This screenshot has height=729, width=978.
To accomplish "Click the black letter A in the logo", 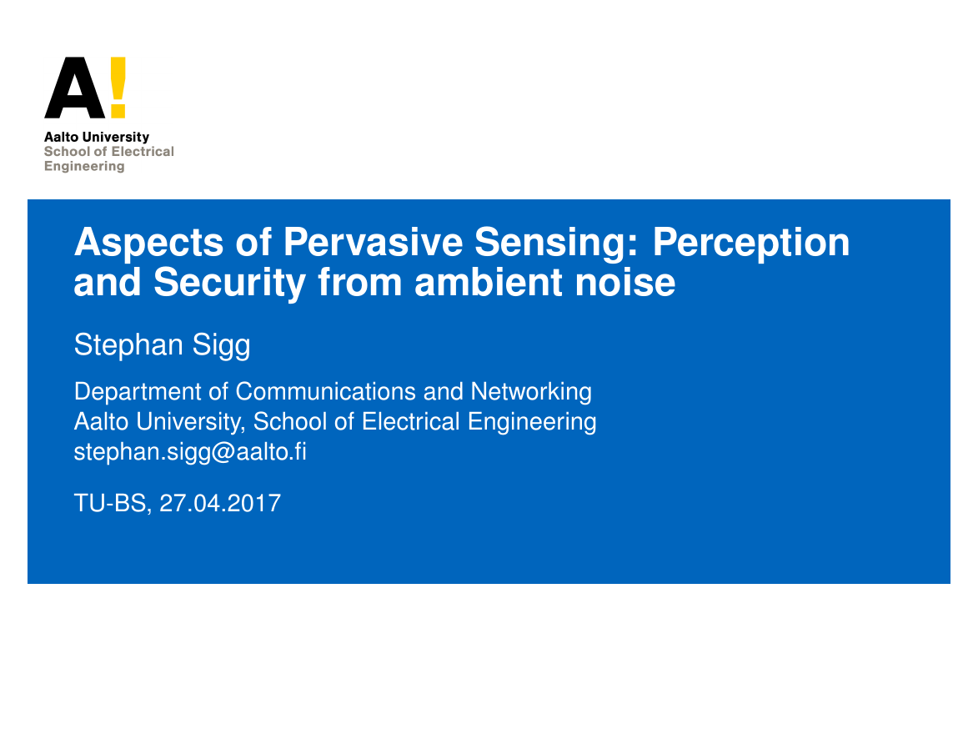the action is click(x=75, y=88).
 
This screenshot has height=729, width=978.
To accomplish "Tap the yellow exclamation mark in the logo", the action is click(x=118, y=88).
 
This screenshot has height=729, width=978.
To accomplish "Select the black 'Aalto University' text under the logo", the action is click(x=97, y=138).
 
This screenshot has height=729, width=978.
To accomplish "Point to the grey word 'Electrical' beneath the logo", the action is click(x=143, y=152).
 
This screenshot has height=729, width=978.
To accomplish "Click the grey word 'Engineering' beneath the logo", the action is click(x=84, y=167).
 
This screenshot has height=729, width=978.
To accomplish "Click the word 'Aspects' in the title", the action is click(x=148, y=243).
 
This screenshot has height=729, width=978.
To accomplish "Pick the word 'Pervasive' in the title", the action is click(x=373, y=242).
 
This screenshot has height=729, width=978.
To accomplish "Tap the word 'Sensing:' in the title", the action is click(x=557, y=243).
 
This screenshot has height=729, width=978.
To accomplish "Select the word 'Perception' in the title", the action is click(x=751, y=243).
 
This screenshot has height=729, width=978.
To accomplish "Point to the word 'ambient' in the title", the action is click(x=489, y=281).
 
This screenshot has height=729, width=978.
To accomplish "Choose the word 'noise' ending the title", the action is click(x=625, y=282).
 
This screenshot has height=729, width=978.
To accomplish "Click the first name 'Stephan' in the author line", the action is click(x=128, y=346).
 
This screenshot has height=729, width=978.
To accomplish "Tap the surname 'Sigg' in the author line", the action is click(x=222, y=346).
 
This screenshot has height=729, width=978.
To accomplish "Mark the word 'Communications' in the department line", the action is click(x=326, y=392).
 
